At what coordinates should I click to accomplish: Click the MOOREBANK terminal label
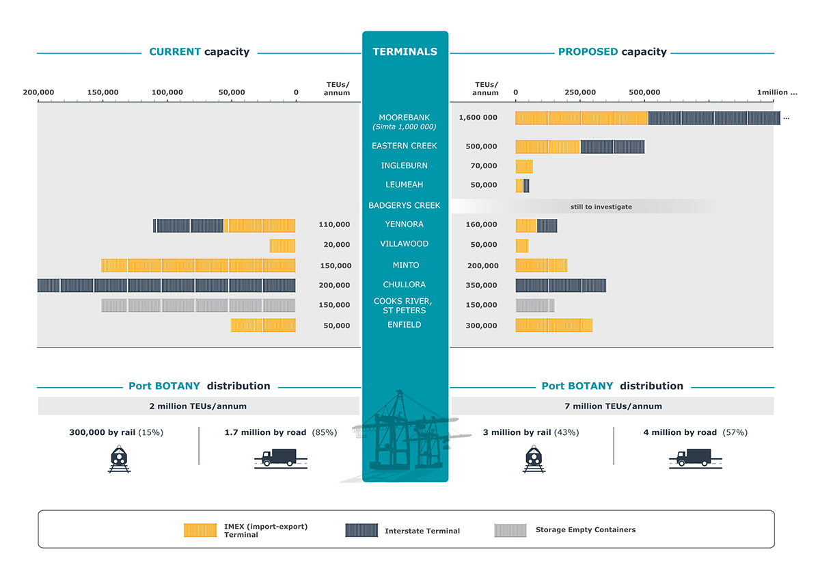pos(405,118)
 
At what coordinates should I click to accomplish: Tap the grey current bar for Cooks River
pos(199,305)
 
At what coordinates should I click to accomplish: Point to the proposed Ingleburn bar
pos(524,166)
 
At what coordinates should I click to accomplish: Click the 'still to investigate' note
pos(601,207)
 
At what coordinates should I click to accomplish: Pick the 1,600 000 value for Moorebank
pos(478,118)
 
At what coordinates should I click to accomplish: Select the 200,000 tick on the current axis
pos(38,92)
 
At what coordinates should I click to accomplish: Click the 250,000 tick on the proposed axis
pos(580,92)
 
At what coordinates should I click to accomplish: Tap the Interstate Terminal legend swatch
pos(361,530)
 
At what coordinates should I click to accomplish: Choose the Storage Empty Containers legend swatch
pos(511,530)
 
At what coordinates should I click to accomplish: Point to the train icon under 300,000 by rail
pos(120,459)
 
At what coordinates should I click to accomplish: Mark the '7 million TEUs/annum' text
pos(612,406)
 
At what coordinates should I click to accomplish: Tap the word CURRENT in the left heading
pos(175,52)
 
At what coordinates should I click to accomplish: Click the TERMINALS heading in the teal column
pos(405,52)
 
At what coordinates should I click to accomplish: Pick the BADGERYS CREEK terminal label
pos(405,206)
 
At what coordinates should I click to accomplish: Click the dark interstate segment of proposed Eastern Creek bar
pos(612,146)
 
